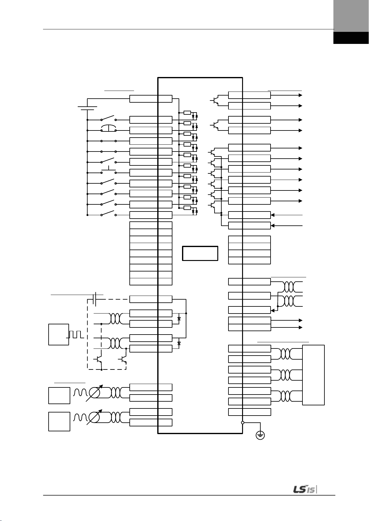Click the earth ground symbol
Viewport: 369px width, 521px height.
260,435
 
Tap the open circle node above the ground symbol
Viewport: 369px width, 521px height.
243,423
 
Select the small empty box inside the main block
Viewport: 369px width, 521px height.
200,253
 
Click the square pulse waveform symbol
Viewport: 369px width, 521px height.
76,334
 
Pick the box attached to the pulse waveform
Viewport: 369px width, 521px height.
59,335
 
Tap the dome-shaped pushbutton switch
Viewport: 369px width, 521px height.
109,128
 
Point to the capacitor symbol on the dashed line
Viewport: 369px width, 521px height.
95,299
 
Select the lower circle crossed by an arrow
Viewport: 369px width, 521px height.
94,417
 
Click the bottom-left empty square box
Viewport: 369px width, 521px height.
59,421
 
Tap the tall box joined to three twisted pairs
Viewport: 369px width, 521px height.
313,375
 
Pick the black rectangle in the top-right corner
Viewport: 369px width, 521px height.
351,38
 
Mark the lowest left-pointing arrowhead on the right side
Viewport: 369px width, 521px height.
273,226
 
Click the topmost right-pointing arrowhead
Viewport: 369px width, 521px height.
300,95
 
